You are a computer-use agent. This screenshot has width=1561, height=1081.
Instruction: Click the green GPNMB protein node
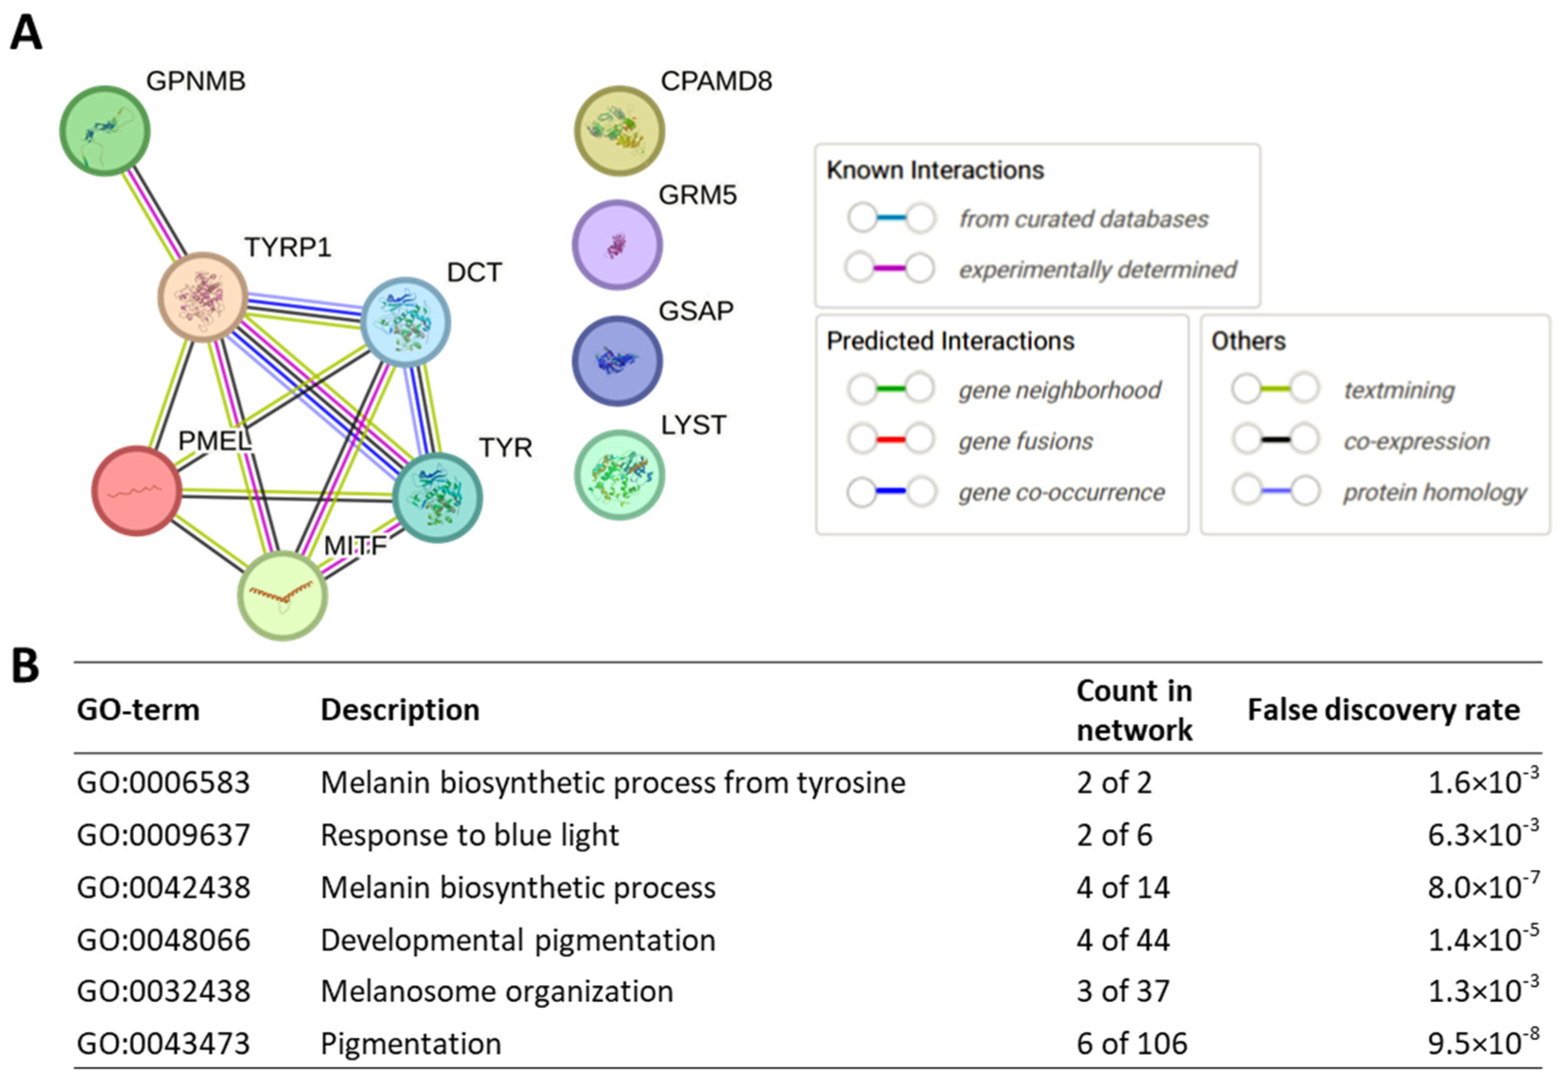click(x=104, y=131)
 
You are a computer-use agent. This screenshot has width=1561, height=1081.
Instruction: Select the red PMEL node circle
click(x=136, y=491)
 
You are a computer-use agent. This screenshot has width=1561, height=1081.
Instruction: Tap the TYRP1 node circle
click(x=202, y=297)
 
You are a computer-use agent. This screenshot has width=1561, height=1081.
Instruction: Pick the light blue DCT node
click(x=405, y=322)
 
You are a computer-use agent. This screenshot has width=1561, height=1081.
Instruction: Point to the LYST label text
click(x=693, y=425)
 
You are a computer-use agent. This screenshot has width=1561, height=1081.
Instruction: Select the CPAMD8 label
click(x=716, y=81)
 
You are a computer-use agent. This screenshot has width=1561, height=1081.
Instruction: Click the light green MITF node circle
click(x=282, y=596)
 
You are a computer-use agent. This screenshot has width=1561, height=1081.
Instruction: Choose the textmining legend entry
click(x=1399, y=390)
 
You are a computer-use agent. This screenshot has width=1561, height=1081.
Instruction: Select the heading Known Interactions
click(x=935, y=170)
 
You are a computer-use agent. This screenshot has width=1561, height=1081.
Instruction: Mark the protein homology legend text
click(x=1434, y=492)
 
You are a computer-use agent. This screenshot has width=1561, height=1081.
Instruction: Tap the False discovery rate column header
click(x=1383, y=710)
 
